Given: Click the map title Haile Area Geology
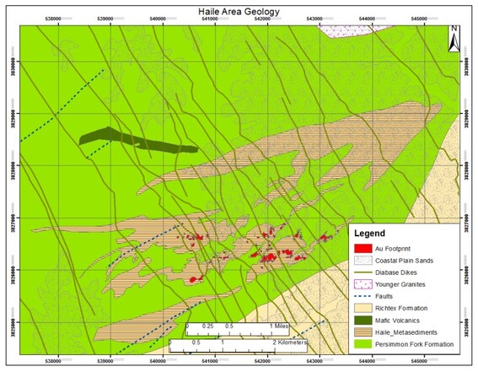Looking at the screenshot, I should tap(238, 10).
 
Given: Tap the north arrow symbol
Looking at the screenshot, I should tap(454, 38).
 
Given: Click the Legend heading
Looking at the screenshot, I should tap(370, 233).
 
